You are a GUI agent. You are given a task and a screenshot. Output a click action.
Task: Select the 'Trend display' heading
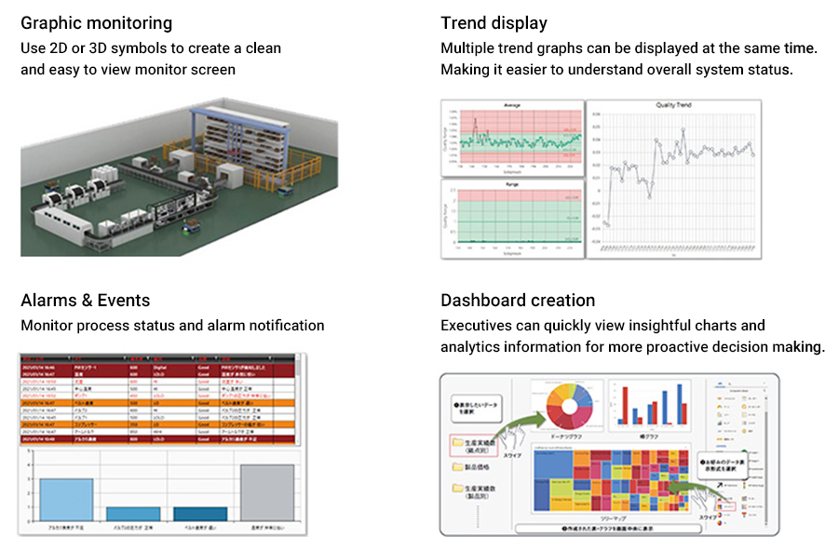click(x=494, y=23)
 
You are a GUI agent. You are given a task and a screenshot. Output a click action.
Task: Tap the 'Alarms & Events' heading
click(x=85, y=300)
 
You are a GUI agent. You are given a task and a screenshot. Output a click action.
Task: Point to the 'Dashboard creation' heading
click(x=518, y=300)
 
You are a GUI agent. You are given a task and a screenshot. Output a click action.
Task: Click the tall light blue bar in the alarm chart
click(x=66, y=499)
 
